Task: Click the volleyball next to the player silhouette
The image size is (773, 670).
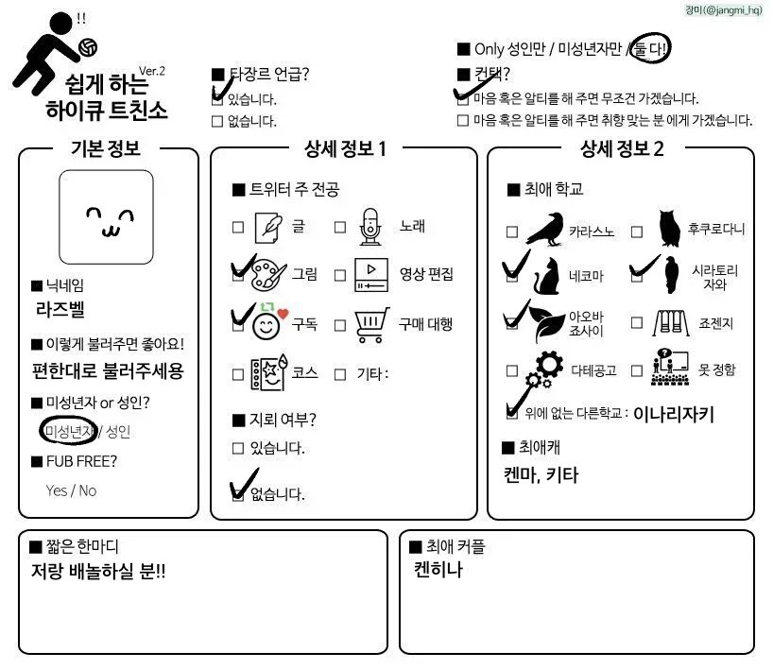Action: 88,46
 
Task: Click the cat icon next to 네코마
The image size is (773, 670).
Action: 545,275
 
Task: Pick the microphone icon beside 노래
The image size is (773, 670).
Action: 369,227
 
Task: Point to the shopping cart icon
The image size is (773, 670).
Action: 370,324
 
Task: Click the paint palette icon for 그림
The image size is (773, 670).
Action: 266,274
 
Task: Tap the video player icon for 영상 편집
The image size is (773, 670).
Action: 370,275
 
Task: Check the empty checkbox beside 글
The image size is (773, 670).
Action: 238,227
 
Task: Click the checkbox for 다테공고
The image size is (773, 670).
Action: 512,371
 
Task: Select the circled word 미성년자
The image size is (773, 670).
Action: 69,432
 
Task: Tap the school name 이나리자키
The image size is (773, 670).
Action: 673,413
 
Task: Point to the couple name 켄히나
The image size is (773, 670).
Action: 438,570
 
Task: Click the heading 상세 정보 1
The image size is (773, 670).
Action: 345,147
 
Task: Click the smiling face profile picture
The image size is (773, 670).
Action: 106,217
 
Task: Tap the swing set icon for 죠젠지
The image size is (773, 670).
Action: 670,324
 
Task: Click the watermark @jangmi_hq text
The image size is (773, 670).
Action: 727,10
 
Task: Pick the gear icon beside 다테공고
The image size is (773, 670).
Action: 544,369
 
